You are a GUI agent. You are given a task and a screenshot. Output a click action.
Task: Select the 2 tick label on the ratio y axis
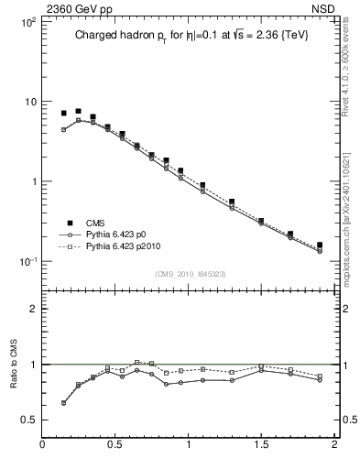coord(32,309)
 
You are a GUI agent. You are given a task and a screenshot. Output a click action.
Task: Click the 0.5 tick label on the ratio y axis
coord(27,420)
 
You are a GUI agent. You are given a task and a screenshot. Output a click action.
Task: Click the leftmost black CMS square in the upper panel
coord(63,114)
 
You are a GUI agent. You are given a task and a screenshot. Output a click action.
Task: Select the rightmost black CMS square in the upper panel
coord(320,245)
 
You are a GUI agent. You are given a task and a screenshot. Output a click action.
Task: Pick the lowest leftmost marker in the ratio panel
coord(63,402)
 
